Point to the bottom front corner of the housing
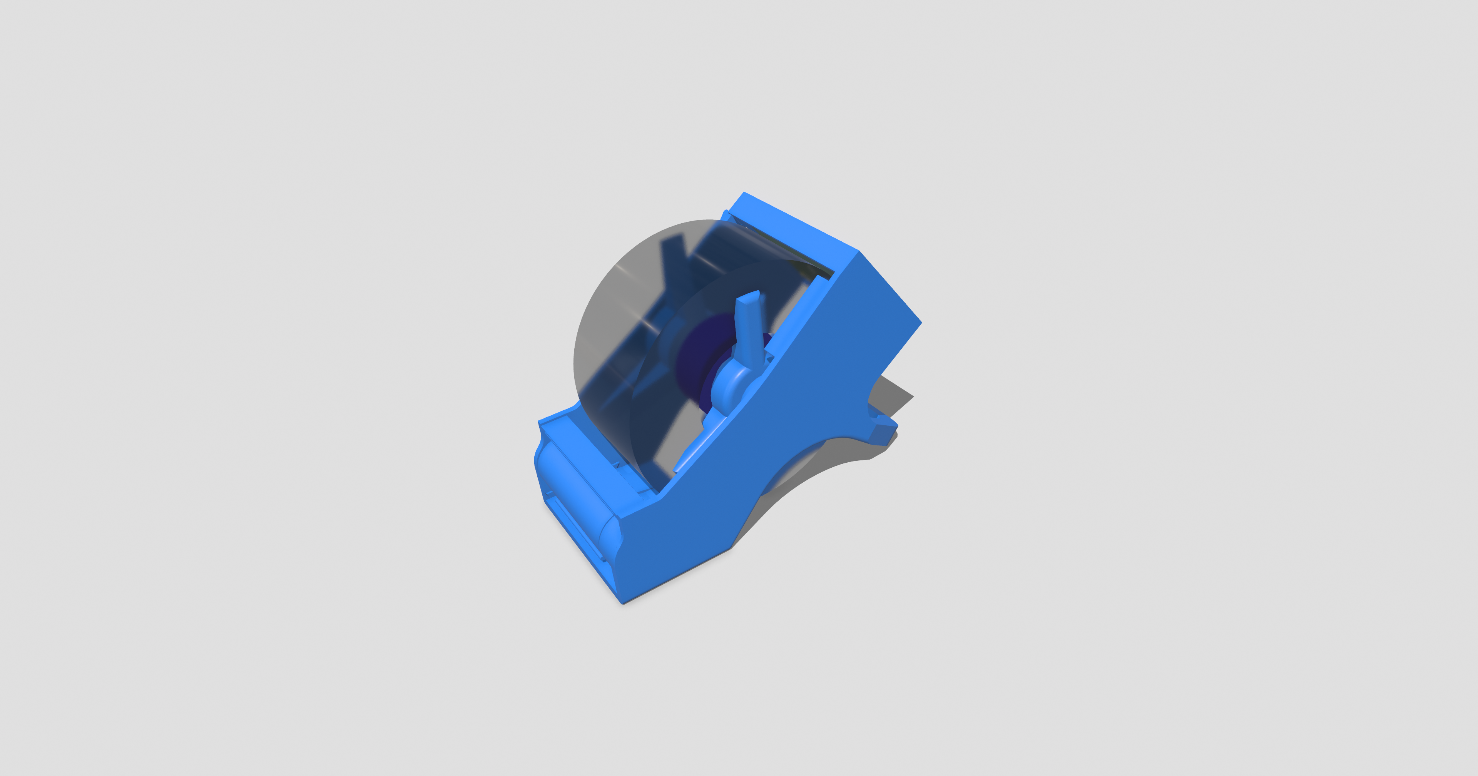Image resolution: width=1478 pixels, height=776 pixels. click(622, 602)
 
